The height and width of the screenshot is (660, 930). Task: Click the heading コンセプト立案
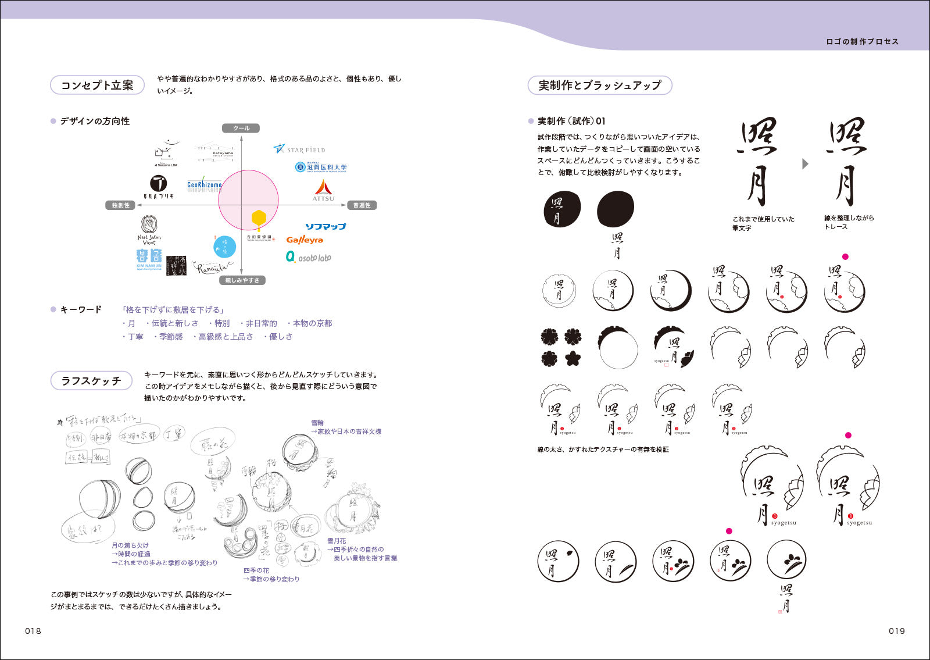[97, 85]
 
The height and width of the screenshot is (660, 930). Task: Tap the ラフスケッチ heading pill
[91, 381]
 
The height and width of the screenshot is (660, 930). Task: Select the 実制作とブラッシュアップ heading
[599, 85]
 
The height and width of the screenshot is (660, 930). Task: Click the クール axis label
[241, 129]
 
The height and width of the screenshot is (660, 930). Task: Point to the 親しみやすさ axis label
[242, 280]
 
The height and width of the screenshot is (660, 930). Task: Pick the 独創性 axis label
[121, 205]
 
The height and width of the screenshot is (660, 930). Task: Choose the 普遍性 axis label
[362, 205]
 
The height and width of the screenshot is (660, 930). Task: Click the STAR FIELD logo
[299, 149]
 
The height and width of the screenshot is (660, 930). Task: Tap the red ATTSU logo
[323, 190]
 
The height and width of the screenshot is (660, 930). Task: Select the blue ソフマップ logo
[325, 226]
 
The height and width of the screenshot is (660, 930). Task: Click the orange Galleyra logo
[305, 240]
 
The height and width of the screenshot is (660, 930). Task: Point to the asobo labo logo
[308, 257]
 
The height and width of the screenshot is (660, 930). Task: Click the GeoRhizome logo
[205, 184]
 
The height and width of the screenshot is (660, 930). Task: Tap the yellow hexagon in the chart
[259, 219]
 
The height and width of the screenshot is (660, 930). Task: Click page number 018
[33, 631]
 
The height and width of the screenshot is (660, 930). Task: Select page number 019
[896, 631]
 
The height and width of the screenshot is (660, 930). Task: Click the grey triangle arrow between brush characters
[805, 164]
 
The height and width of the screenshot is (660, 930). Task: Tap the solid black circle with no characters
[616, 209]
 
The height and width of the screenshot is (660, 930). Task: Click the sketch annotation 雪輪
[317, 423]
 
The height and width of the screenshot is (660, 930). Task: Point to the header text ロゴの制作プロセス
[862, 42]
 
